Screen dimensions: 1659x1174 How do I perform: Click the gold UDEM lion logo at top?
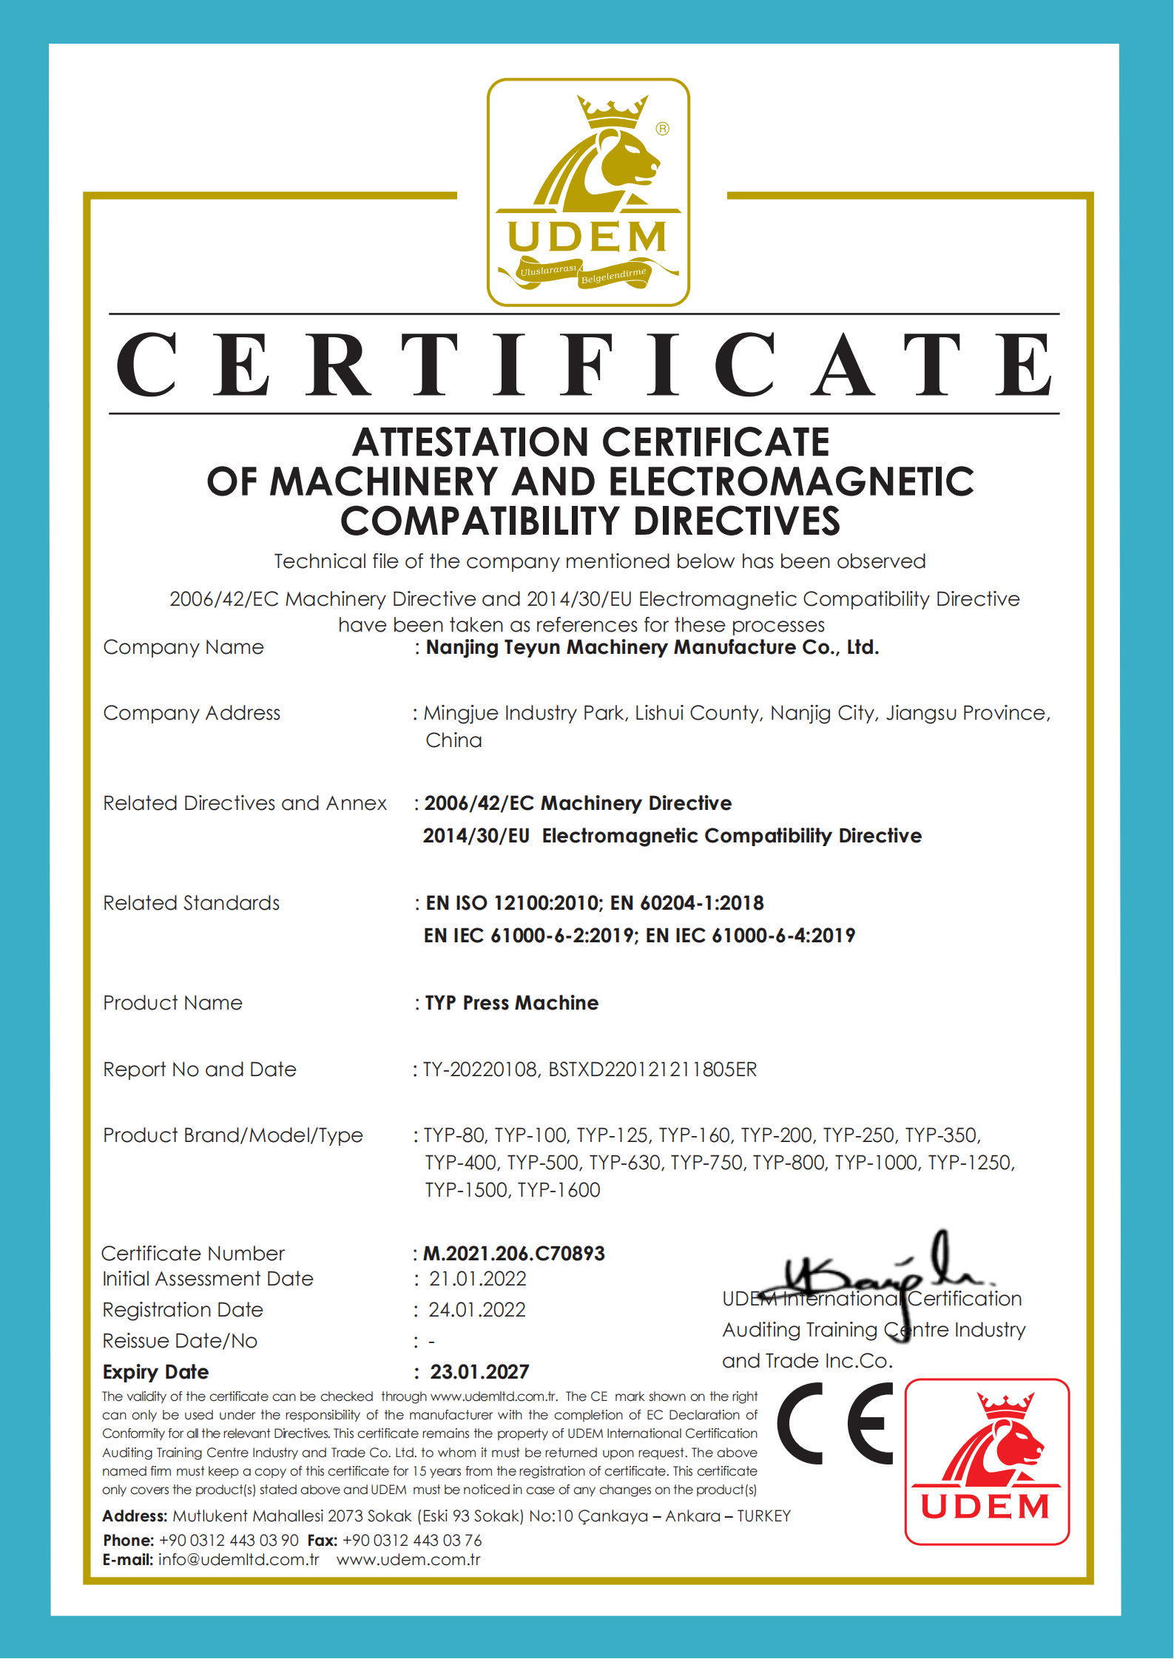tap(588, 192)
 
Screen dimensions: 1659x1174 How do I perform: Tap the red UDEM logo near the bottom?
tap(987, 1462)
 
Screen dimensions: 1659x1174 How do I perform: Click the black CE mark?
tap(835, 1423)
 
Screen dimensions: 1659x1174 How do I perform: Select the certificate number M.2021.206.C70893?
tap(514, 1254)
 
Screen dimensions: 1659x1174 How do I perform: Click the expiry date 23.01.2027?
tap(479, 1372)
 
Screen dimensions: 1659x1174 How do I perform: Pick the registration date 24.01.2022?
tap(477, 1310)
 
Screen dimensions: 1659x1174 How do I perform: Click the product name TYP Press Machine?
tap(512, 1003)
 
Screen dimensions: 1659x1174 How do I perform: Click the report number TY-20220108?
tap(480, 1070)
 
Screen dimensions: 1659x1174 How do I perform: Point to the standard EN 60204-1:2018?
tap(686, 903)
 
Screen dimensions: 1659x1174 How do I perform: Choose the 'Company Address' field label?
tap(192, 713)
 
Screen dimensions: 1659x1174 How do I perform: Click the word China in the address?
tap(453, 740)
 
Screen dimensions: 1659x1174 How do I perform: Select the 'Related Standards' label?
tap(191, 903)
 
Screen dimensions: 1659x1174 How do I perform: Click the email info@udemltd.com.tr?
tap(238, 1560)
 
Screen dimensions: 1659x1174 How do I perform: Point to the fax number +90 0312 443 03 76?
tap(412, 1541)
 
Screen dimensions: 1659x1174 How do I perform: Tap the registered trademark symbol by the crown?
tap(663, 129)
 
